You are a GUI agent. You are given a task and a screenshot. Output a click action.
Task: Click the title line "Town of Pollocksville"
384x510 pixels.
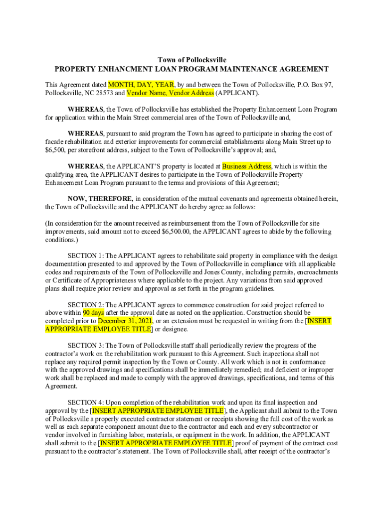click(192, 60)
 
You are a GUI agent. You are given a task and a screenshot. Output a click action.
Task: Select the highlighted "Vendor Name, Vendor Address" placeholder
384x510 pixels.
click(171, 93)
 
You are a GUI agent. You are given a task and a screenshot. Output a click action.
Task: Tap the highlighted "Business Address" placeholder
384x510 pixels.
click(247, 166)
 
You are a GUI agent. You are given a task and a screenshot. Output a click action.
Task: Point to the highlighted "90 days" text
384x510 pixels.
click(93, 313)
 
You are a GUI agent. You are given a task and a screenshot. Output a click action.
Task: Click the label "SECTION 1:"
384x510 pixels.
click(86, 255)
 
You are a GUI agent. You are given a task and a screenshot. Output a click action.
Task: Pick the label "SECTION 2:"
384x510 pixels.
click(86, 305)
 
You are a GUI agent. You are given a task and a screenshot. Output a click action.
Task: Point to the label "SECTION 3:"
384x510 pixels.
click(86, 345)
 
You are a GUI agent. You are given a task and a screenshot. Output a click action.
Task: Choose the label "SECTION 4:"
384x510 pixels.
click(86, 402)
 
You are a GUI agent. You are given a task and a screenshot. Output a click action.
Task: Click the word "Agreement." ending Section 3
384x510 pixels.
click(61, 386)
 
